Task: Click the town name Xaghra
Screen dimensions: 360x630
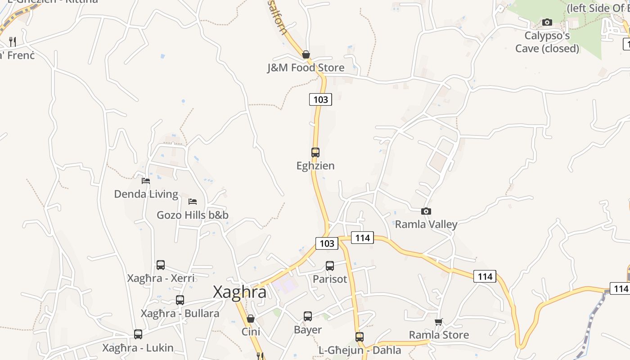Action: click(x=239, y=292)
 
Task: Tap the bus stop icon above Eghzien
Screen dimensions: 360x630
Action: click(x=315, y=152)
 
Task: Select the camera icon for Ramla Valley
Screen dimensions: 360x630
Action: click(x=426, y=211)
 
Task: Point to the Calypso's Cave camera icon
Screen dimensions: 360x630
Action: click(x=547, y=22)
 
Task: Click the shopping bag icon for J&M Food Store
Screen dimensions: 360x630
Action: click(x=306, y=54)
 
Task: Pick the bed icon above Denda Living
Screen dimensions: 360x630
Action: click(x=146, y=180)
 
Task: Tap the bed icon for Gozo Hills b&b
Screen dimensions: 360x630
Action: click(x=193, y=201)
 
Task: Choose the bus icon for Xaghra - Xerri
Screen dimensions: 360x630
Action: click(x=161, y=265)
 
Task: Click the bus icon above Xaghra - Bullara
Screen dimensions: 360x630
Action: click(x=180, y=300)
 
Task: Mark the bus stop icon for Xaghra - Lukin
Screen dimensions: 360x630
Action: click(x=138, y=334)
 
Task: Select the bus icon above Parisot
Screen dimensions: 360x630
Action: click(x=330, y=265)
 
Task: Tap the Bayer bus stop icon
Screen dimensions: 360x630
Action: click(x=308, y=316)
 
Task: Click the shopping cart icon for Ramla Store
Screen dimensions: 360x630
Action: click(x=438, y=322)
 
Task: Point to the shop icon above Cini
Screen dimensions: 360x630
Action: click(x=251, y=319)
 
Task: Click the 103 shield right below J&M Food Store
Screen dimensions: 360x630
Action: click(x=320, y=99)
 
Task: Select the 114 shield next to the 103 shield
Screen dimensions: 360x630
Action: click(x=362, y=238)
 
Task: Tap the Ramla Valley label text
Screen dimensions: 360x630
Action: click(x=426, y=224)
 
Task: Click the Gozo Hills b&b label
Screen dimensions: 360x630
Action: click(x=193, y=215)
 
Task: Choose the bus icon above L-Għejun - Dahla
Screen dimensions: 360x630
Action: click(x=360, y=337)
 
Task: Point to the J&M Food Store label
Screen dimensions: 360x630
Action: click(x=306, y=68)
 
